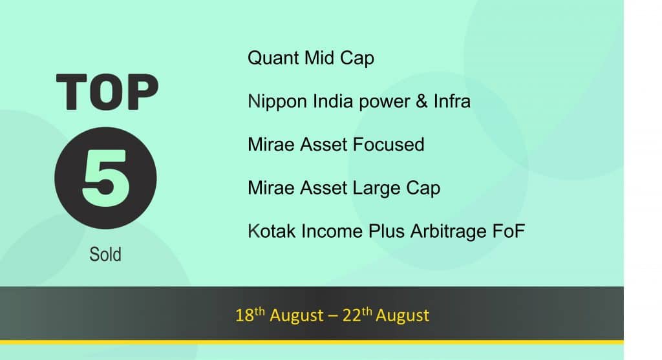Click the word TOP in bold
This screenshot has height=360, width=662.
tap(107, 92)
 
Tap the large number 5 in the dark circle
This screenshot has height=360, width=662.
tap(106, 178)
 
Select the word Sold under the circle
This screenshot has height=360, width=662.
tap(105, 255)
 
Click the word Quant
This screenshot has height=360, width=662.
tap(273, 58)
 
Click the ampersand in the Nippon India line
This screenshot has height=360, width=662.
tap(422, 101)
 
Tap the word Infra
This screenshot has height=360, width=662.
tap(452, 101)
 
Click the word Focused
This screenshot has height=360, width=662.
tap(389, 144)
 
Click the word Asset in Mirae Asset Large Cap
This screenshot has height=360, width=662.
tap(323, 188)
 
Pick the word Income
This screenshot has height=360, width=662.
tap(332, 231)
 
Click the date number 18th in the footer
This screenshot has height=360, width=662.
tap(250, 314)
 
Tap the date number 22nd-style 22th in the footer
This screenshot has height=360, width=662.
tap(357, 314)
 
